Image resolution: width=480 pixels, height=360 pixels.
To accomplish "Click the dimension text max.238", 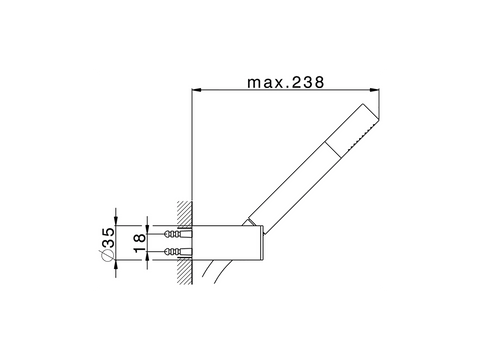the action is pyautogui.click(x=285, y=82).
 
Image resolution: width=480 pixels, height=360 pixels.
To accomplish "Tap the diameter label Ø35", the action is pyautogui.click(x=107, y=244).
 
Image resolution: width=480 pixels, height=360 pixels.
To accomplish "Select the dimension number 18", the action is pyautogui.click(x=140, y=242).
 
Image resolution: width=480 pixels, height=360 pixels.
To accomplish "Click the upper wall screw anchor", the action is pyautogui.click(x=178, y=234).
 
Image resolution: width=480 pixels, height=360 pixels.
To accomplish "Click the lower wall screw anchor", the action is pyautogui.click(x=178, y=251).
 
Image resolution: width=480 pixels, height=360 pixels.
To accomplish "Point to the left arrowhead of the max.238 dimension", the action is pyautogui.click(x=197, y=90).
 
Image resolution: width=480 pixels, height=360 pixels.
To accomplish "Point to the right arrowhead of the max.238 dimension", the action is pyautogui.click(x=375, y=90).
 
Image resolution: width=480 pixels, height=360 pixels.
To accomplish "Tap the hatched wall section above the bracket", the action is pyautogui.click(x=185, y=213).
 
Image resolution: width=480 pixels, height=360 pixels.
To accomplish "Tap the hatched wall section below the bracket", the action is pyautogui.click(x=185, y=272).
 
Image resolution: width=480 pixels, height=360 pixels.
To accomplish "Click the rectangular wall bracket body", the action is pyautogui.click(x=228, y=242).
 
